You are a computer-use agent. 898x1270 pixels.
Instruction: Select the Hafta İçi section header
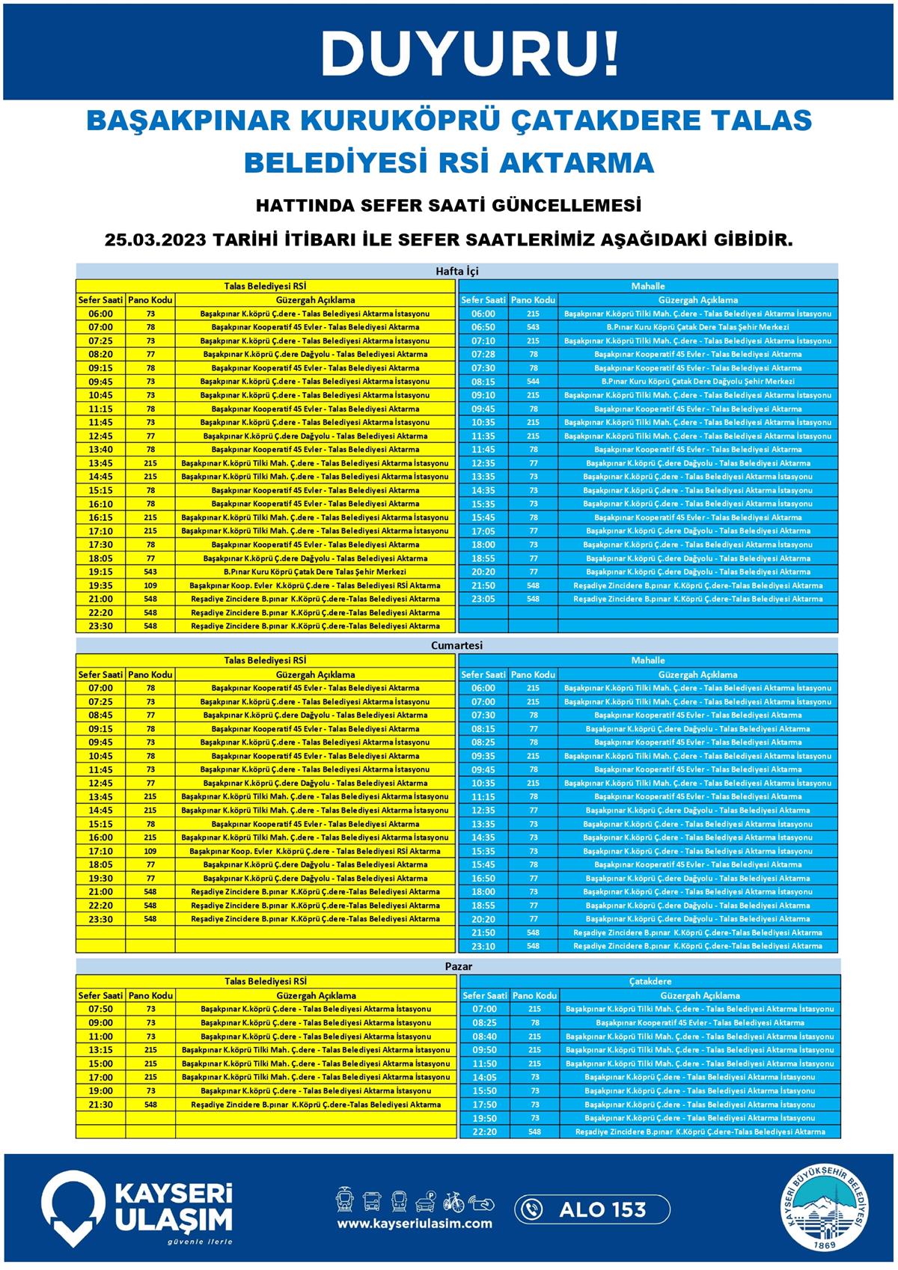pyautogui.click(x=456, y=271)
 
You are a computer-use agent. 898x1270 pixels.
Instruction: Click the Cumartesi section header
pyautogui.click(x=456, y=645)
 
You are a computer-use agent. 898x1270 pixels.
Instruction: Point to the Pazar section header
pyautogui.click(x=458, y=966)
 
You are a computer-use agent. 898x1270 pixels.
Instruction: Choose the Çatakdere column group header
pyautogui.click(x=649, y=981)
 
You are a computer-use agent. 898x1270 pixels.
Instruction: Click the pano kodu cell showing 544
pyautogui.click(x=533, y=382)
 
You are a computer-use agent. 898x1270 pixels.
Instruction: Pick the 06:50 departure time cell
pyautogui.click(x=483, y=327)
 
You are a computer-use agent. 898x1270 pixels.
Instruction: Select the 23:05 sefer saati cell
pyautogui.click(x=483, y=599)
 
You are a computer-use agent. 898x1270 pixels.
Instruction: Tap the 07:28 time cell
pyautogui.click(x=483, y=354)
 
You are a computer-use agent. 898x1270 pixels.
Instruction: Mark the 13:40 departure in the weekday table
pyautogui.click(x=100, y=450)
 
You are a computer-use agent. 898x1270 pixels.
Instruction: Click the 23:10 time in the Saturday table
pyautogui.click(x=483, y=946)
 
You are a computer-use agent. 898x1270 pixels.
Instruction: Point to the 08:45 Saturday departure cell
pyautogui.click(x=100, y=715)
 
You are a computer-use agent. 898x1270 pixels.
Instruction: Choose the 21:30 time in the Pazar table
pyautogui.click(x=100, y=1105)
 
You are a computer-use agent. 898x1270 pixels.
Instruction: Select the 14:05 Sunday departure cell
pyautogui.click(x=484, y=1078)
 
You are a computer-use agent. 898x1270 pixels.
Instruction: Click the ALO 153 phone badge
pyautogui.click(x=590, y=1209)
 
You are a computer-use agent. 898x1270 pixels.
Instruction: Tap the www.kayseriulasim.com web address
pyautogui.click(x=414, y=1224)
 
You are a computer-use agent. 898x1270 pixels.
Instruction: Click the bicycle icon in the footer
pyautogui.click(x=453, y=1201)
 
